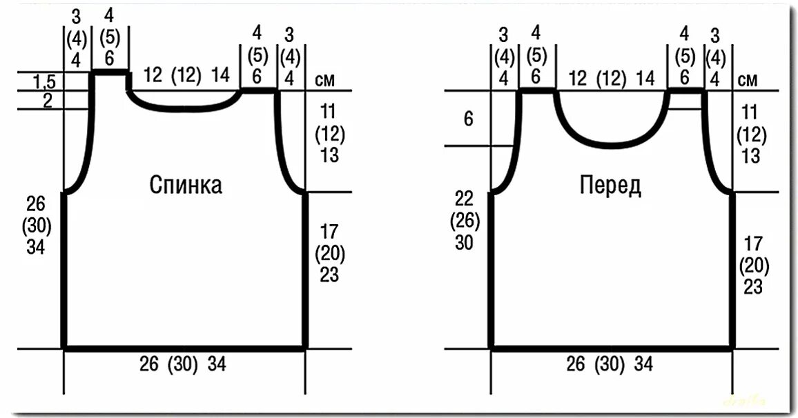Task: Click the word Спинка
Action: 186,186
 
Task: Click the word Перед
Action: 610,185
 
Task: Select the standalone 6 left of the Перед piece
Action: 469,119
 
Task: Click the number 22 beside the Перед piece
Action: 465,199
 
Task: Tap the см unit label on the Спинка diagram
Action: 324,80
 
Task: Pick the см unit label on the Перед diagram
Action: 748,80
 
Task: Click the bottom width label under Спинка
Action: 184,364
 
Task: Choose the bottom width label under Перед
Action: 610,364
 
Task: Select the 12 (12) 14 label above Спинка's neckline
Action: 187,76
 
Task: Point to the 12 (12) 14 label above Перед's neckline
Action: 611,78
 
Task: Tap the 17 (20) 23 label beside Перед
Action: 754,264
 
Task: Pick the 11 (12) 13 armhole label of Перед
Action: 750,133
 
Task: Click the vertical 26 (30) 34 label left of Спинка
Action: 36,225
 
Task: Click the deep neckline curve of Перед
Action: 611,143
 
